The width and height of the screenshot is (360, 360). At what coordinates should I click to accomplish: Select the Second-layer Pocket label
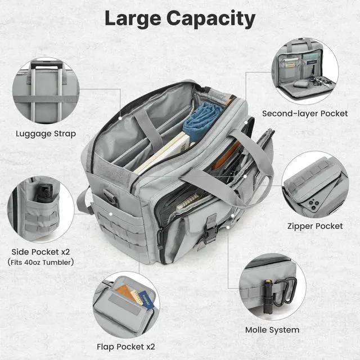click(305, 114)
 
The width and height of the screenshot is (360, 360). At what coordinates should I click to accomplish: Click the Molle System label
click(272, 330)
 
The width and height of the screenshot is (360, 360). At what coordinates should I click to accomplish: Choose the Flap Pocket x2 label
click(126, 346)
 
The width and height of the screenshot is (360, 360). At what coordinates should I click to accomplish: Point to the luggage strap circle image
click(46, 91)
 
